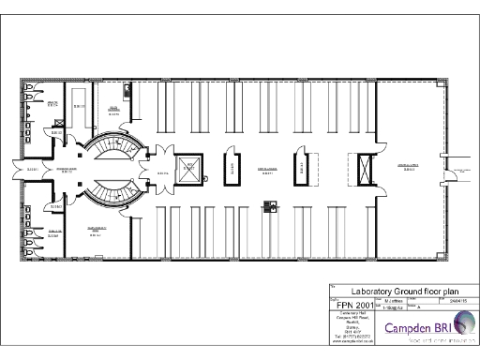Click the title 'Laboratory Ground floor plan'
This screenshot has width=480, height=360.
click(397, 291)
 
